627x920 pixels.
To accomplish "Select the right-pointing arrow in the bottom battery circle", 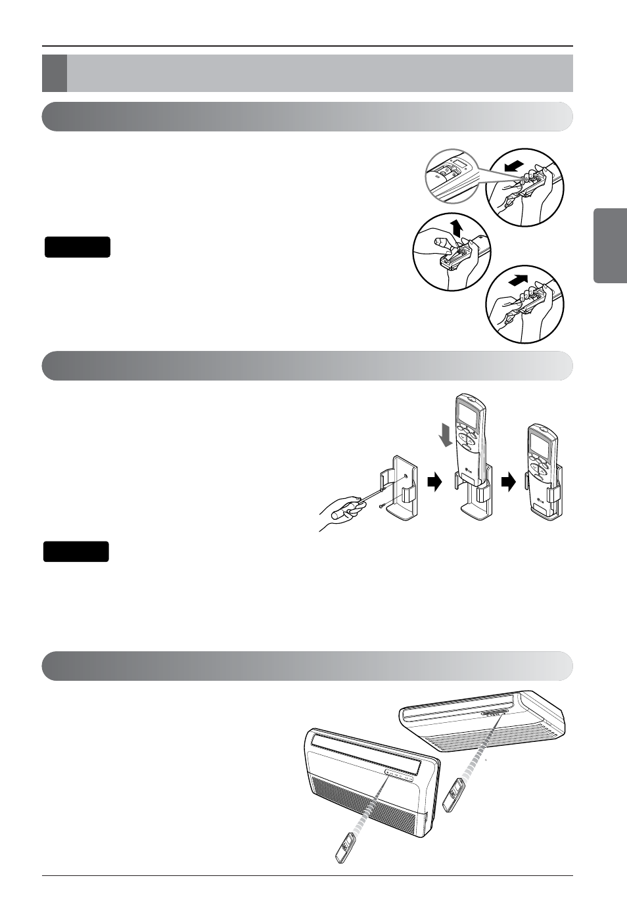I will click(x=520, y=281).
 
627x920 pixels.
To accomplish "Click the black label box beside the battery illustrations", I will click(x=78, y=247).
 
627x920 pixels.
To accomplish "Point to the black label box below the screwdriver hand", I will click(x=76, y=552).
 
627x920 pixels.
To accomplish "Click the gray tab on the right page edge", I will click(x=610, y=245).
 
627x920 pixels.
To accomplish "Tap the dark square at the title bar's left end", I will click(x=55, y=73).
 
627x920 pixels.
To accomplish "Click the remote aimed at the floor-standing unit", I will click(x=346, y=848).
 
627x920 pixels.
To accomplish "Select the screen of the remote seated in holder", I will click(x=542, y=447).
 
